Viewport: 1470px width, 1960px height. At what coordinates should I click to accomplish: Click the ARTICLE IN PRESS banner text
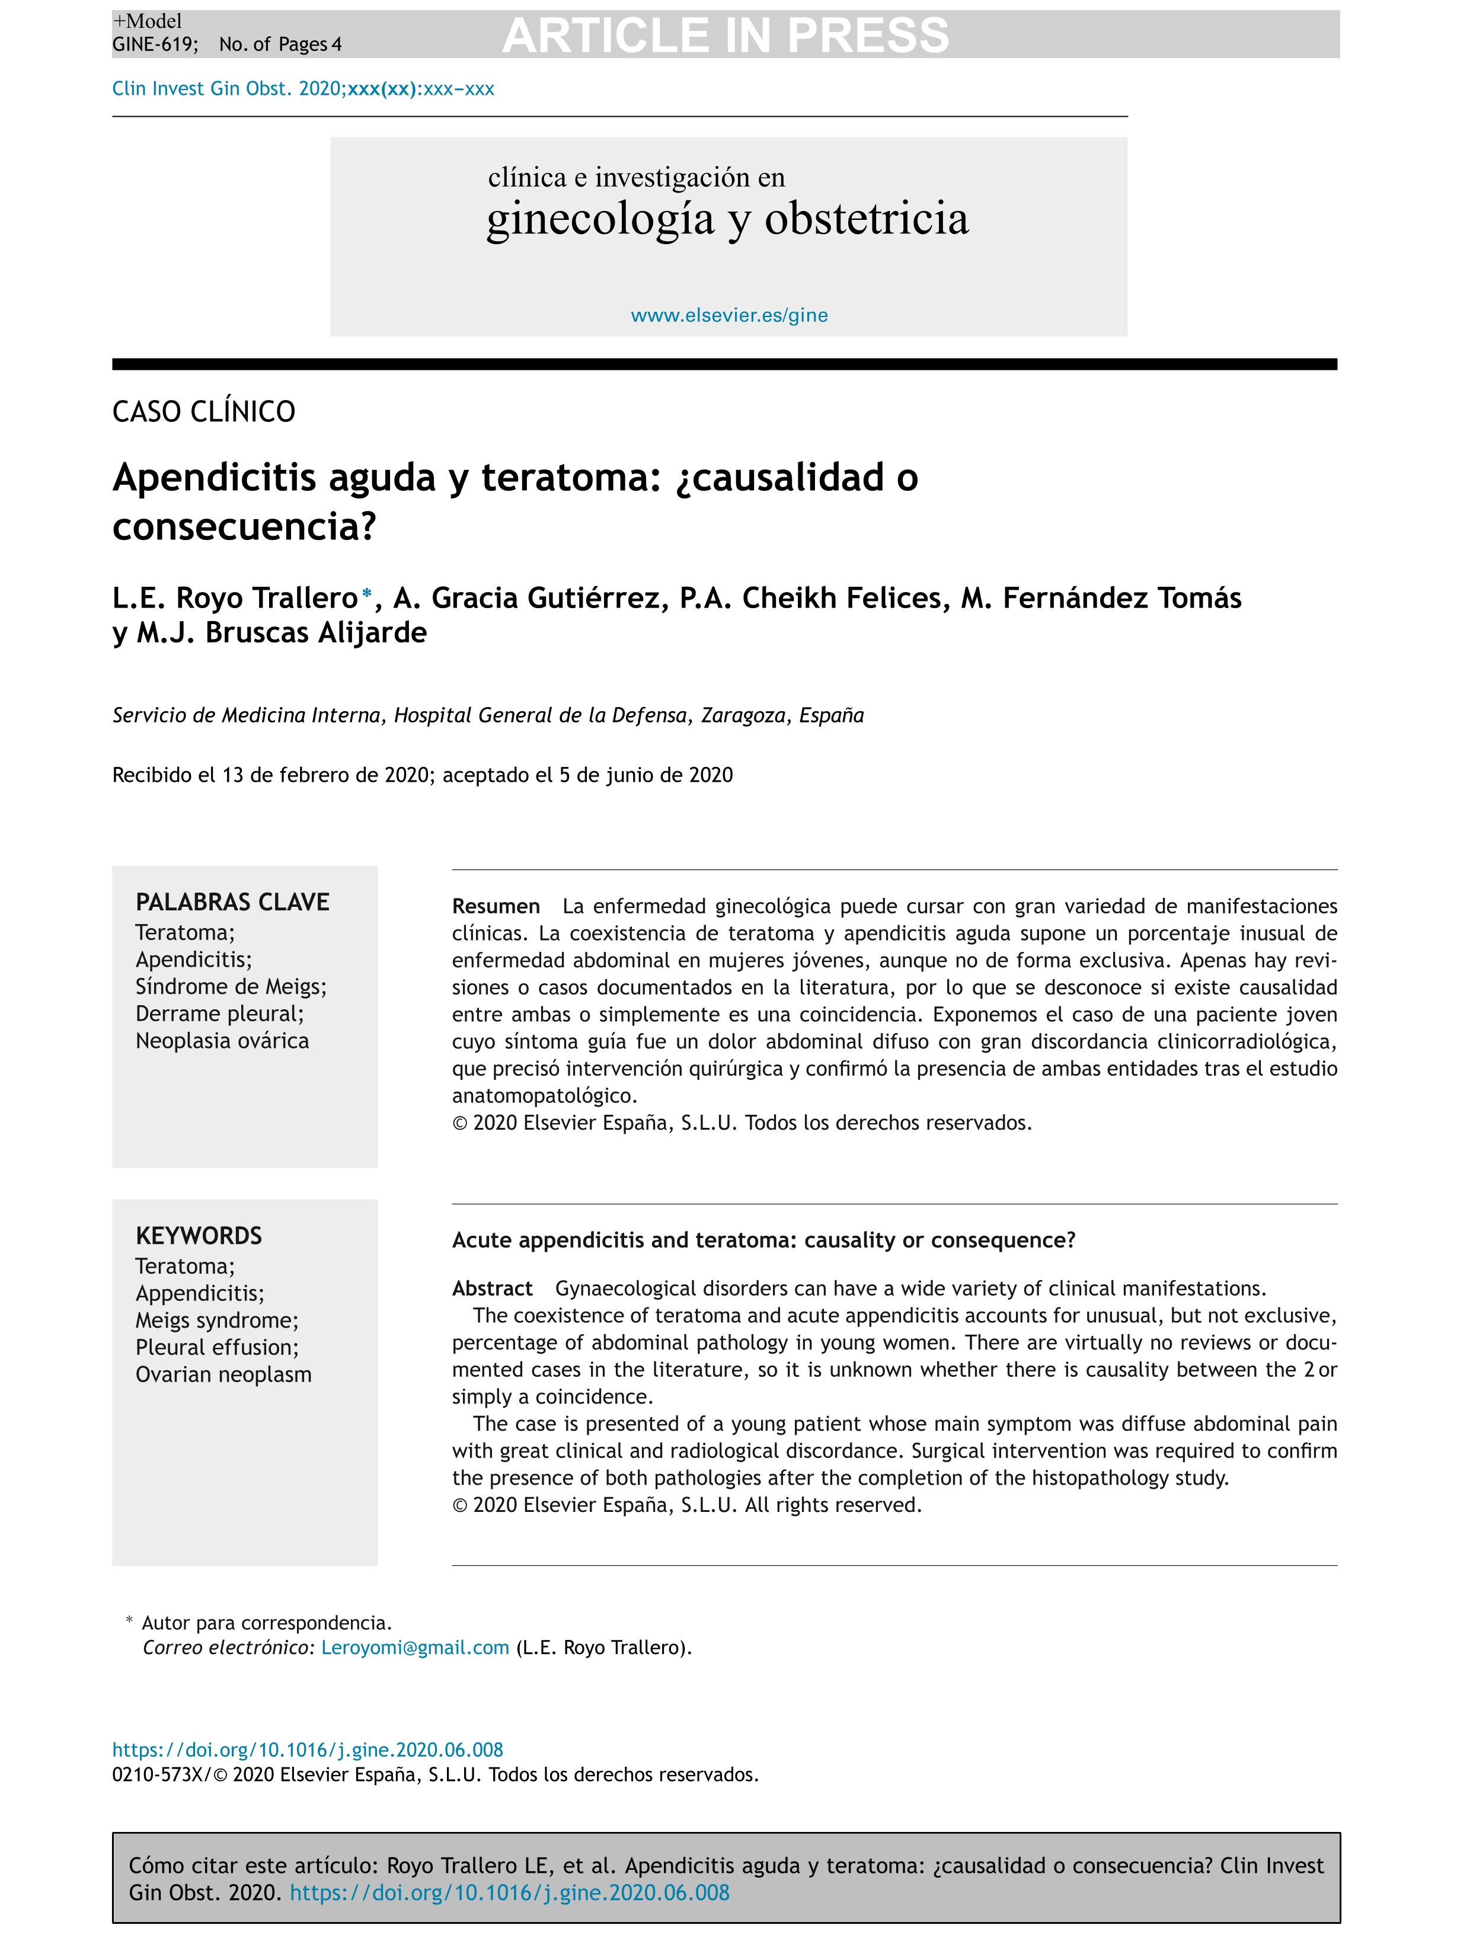tap(725, 36)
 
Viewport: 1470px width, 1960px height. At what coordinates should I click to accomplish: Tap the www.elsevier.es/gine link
tap(728, 315)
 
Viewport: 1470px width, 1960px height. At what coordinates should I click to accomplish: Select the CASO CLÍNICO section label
tap(204, 412)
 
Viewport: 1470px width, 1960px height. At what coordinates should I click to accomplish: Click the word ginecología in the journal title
tap(600, 219)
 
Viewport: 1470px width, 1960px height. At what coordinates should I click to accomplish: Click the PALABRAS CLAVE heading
tap(232, 903)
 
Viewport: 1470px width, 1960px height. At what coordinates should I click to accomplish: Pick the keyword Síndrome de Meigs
tap(231, 987)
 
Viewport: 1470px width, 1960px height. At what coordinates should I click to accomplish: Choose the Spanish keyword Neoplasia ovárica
tap(222, 1041)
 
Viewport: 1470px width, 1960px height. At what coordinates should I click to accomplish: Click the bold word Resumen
tap(496, 906)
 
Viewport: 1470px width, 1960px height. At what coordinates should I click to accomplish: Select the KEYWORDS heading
tap(199, 1237)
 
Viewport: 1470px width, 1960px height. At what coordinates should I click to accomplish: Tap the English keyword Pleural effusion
tap(216, 1348)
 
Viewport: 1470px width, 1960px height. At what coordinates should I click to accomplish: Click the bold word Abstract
tap(492, 1288)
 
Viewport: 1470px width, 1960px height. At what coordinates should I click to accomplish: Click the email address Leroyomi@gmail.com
tap(415, 1648)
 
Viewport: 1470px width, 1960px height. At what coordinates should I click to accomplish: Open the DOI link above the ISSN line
tap(308, 1750)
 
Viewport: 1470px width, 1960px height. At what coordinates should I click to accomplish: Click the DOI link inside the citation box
tap(510, 1894)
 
